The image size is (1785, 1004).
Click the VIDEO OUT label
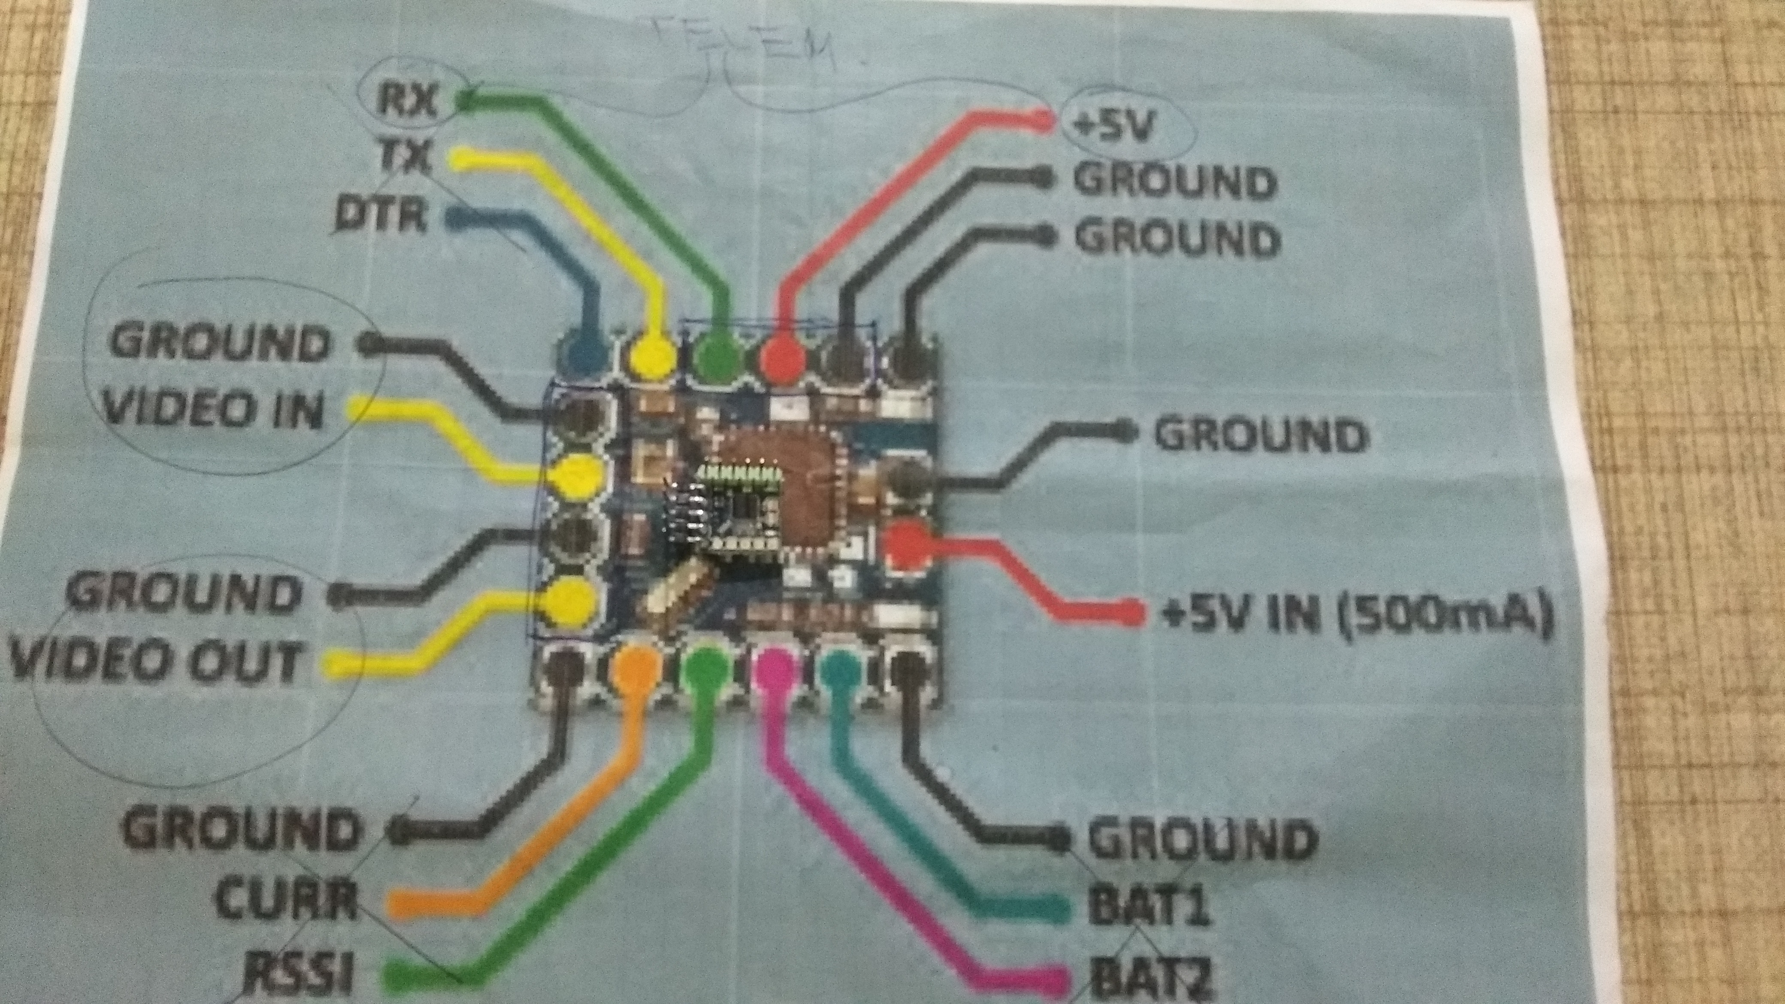click(156, 661)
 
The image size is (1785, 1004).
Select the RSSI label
click(298, 974)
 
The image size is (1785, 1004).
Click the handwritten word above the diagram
click(748, 52)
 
